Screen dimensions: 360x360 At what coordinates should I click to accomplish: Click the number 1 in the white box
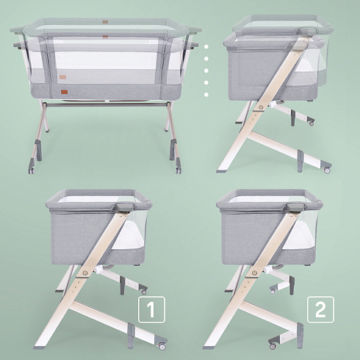point(151,310)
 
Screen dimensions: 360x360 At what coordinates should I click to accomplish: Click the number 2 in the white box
point(320,310)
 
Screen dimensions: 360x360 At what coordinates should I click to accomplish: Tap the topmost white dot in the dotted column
point(206,46)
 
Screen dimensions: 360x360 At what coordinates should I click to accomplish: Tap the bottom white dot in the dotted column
point(206,95)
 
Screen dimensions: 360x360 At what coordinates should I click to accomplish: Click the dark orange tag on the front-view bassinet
point(64,92)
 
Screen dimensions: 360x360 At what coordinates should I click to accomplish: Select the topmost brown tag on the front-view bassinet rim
point(105,22)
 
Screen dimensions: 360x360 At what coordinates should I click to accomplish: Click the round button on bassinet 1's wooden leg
point(85,273)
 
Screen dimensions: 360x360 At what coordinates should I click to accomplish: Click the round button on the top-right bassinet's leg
point(261,107)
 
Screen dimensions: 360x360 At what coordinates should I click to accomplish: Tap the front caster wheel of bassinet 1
point(162,346)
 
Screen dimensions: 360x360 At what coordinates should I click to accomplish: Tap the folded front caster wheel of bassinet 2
point(273,346)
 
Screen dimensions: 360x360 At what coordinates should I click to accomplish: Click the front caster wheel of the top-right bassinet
point(327,170)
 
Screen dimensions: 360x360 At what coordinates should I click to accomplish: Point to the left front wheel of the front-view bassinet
point(31,171)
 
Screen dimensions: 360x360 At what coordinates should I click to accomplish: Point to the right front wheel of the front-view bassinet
point(179,170)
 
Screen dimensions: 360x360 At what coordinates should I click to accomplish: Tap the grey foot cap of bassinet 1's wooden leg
point(39,348)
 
